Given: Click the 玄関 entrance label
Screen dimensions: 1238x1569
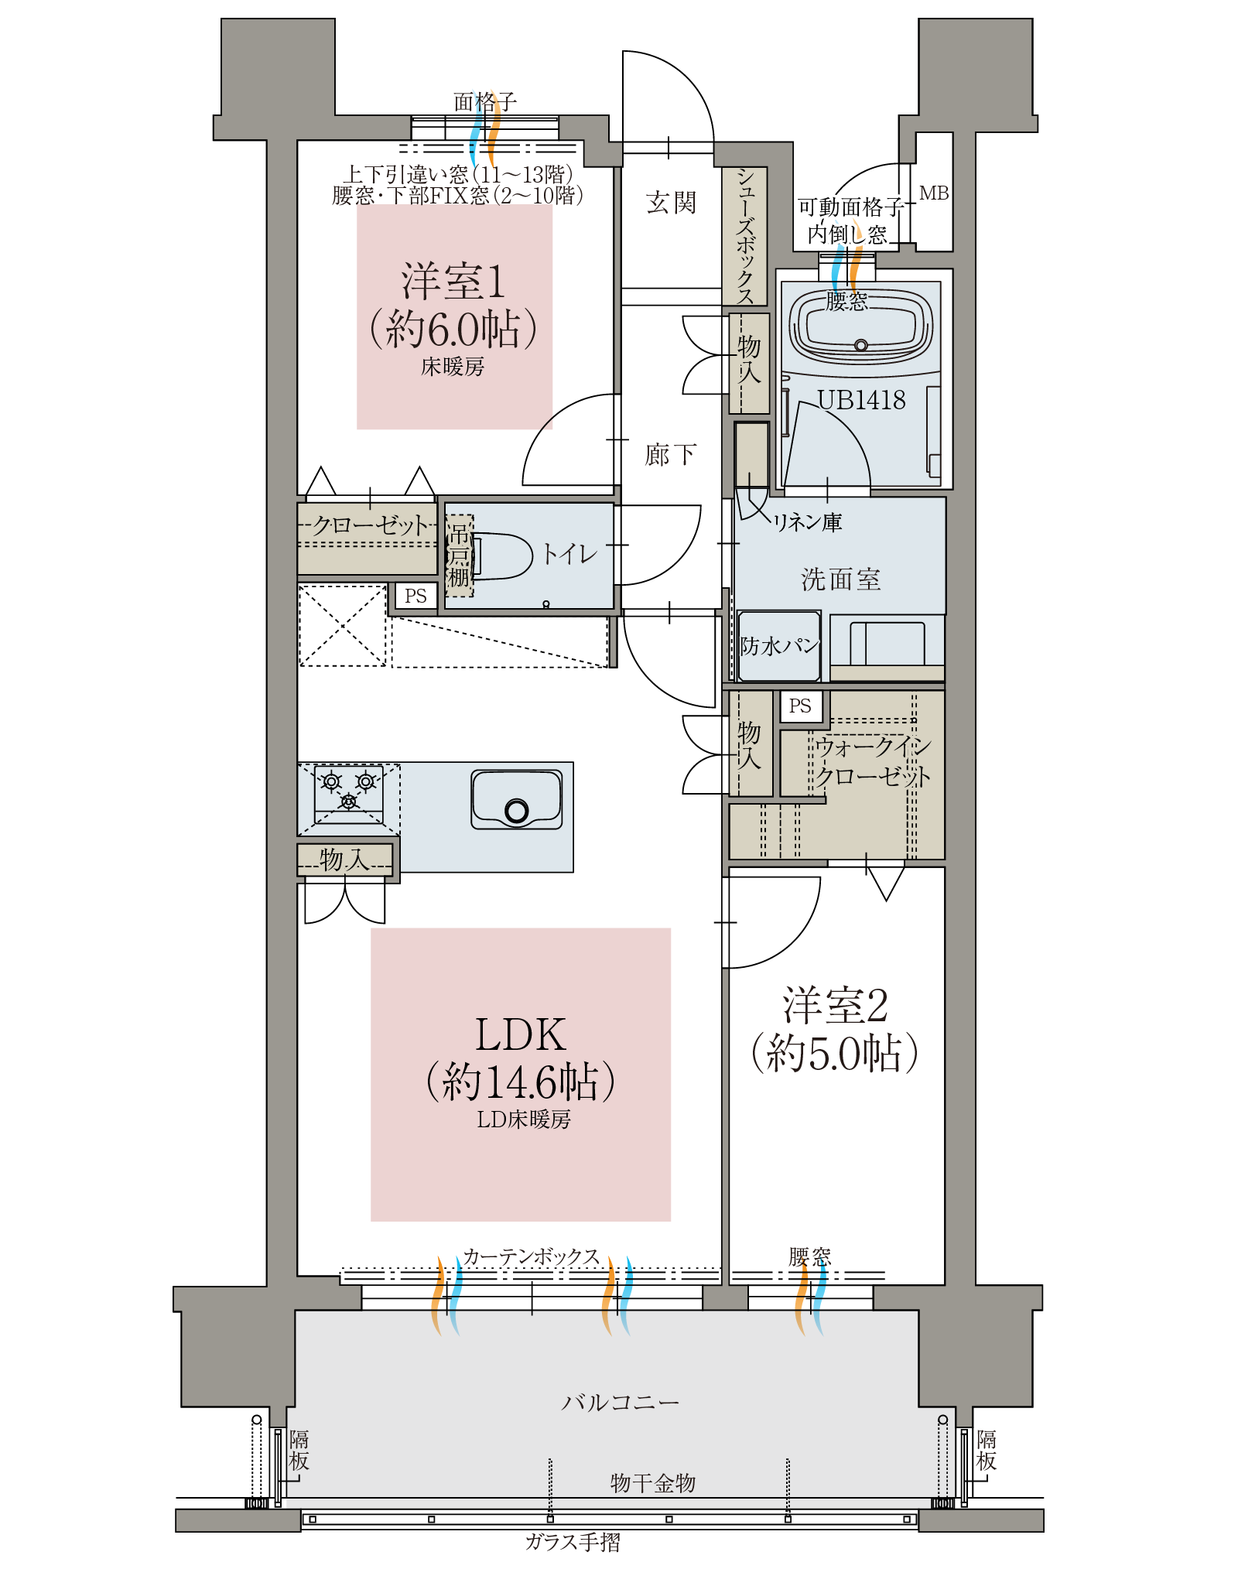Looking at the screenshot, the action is click(671, 203).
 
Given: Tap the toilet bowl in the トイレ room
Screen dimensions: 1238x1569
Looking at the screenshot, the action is click(501, 555).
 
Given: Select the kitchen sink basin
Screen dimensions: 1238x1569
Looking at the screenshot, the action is click(517, 799).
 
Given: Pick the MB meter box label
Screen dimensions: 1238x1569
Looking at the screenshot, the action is click(934, 193).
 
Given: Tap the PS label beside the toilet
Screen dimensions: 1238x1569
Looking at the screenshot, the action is click(416, 596).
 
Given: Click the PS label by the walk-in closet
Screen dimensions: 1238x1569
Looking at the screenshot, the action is click(800, 706).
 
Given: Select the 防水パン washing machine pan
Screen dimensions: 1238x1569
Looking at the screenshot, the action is click(779, 646).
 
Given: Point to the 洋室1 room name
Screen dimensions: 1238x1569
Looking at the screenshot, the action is click(453, 281).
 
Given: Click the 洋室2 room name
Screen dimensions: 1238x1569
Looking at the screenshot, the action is click(836, 1005).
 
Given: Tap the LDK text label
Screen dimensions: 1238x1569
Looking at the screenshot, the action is click(521, 1034).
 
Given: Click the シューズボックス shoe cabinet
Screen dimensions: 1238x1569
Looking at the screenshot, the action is click(744, 236).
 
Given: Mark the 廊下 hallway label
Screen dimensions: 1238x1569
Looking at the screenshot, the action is click(671, 455).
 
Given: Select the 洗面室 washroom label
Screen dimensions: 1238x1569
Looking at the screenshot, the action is click(841, 579).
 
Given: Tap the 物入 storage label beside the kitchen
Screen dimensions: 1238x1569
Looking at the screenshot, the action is click(345, 859).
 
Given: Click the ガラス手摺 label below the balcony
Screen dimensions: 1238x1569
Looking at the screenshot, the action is click(573, 1542).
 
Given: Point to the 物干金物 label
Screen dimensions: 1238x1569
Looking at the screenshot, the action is click(653, 1482).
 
